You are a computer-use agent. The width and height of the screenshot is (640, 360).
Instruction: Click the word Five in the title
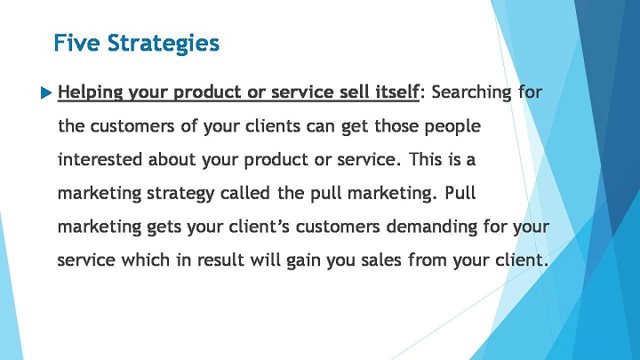[x=76, y=43]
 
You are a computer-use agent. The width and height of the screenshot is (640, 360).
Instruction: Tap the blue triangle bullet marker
[x=46, y=93]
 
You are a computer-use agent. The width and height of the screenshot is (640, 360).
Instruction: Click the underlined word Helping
[x=90, y=92]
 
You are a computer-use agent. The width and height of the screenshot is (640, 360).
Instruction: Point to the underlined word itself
[x=396, y=92]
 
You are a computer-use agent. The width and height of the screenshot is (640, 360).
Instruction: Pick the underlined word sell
[x=354, y=92]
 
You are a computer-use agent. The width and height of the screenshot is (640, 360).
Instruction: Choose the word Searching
[x=471, y=92]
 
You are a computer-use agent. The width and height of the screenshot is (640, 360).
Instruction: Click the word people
[x=452, y=127]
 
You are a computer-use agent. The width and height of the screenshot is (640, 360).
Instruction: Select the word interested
[x=100, y=159]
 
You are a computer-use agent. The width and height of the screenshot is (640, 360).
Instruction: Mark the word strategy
[x=180, y=194]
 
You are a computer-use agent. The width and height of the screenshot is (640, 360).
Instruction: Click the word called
[x=245, y=193]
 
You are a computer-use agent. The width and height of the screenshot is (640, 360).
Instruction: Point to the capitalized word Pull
[x=460, y=192]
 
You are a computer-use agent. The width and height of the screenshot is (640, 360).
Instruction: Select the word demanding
[x=431, y=228]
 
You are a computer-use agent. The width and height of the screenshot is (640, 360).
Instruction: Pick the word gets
[x=164, y=228]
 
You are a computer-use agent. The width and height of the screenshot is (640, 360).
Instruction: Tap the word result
[x=220, y=260]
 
